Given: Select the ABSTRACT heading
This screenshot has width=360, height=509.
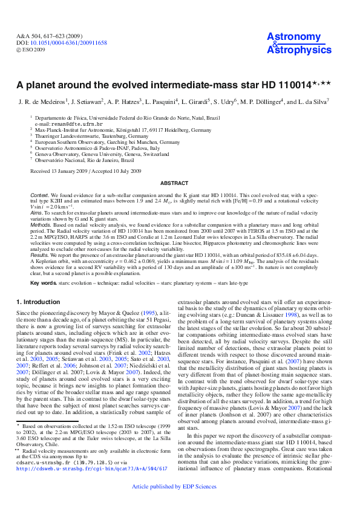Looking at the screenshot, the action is (x=180, y=183).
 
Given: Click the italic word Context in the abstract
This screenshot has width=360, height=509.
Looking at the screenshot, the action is (x=41, y=196).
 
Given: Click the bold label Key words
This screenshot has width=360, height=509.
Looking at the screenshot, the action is (x=44, y=282).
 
